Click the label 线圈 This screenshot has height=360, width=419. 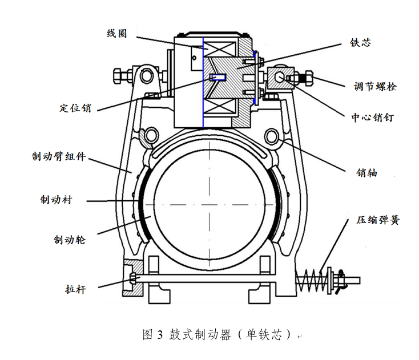coord(117,34)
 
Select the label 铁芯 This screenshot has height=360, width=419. coord(361,43)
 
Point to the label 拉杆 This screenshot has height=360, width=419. coord(75,289)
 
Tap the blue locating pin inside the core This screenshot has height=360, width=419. coord(217,77)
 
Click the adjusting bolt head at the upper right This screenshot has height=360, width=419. coord(312,77)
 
